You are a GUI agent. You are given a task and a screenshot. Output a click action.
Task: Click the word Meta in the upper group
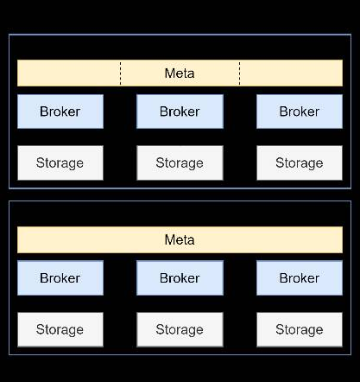[180, 73]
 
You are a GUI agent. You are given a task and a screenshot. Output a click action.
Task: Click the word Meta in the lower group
[180, 239]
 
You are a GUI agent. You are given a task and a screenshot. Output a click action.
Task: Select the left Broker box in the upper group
[60, 111]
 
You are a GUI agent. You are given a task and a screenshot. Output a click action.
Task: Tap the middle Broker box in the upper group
[180, 111]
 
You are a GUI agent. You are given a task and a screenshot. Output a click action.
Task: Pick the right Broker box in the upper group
[300, 111]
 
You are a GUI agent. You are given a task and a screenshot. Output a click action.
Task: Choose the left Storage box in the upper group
[60, 162]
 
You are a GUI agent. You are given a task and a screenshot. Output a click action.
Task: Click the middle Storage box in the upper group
[180, 162]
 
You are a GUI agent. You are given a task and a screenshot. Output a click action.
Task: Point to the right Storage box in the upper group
[300, 162]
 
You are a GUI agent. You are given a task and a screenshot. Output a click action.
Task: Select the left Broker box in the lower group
[60, 278]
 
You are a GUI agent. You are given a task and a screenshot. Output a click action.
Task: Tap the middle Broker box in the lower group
[180, 278]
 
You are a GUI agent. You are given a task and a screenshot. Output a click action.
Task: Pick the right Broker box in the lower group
[300, 278]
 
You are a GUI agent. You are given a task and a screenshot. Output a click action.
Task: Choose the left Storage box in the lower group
[60, 329]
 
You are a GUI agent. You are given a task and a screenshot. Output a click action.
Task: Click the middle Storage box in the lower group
[180, 329]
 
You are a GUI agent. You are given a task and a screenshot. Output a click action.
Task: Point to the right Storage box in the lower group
[300, 329]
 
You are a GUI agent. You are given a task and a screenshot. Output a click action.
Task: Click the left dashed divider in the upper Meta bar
[120, 73]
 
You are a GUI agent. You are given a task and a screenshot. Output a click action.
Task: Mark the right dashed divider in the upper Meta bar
[239, 73]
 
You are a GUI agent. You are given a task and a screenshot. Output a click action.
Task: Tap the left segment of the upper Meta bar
[69, 73]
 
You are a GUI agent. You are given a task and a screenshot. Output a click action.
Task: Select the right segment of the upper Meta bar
[291, 73]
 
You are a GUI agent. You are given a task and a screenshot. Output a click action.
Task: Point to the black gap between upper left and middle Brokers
[120, 111]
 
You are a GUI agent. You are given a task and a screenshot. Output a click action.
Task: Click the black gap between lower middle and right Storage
[240, 329]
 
